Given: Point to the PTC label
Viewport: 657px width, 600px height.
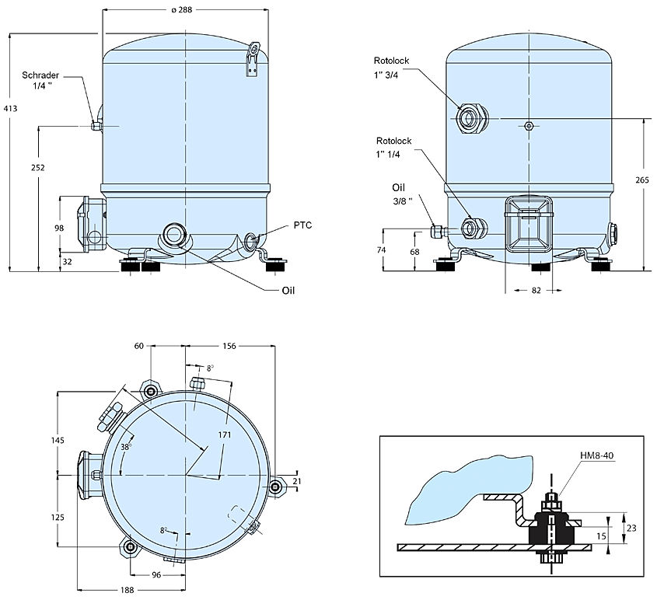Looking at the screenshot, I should [x=302, y=225].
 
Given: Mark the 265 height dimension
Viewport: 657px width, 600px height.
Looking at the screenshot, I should [x=641, y=180].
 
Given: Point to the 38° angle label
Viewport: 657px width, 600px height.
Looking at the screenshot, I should [x=125, y=447].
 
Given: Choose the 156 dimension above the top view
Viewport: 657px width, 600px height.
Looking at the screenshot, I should [x=229, y=346].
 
